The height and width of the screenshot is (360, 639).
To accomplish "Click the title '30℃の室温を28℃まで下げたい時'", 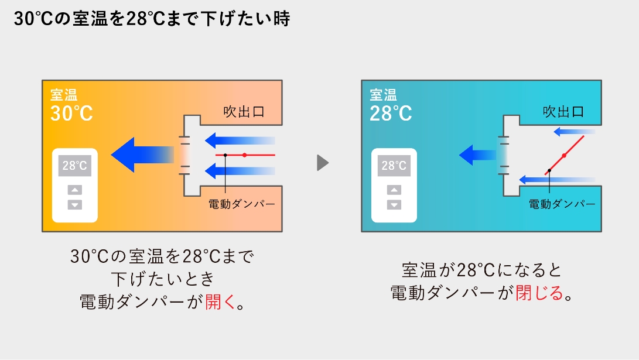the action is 152,19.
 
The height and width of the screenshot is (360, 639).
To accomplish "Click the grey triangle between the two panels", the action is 323,163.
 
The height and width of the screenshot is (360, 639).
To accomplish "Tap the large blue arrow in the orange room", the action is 143,155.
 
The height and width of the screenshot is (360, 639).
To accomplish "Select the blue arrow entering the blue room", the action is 477,155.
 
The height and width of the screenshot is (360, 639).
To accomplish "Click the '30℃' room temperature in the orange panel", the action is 71,113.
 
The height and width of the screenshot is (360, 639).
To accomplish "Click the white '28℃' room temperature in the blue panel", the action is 391,113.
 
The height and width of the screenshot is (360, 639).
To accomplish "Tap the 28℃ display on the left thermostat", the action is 74,165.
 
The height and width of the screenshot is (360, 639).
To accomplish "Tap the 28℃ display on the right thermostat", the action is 394,165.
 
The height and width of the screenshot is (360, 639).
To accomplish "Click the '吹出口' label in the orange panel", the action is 244,112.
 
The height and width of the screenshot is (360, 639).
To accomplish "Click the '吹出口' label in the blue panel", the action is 563,112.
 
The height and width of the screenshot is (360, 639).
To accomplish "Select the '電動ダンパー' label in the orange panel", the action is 242,204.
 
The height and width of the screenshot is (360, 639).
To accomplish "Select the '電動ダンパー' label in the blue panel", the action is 562,204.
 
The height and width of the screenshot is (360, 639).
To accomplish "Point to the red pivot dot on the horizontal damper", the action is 244,155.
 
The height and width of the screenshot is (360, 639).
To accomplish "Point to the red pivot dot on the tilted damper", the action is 564,156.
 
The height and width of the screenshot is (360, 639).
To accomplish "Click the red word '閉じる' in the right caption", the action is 539,293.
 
